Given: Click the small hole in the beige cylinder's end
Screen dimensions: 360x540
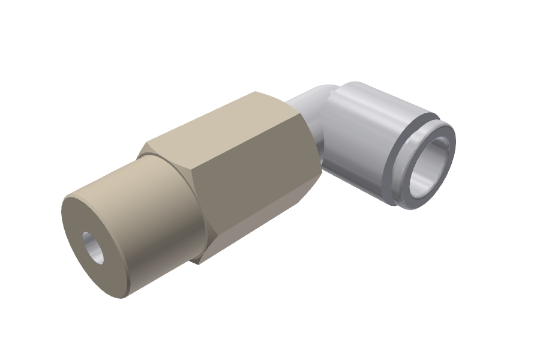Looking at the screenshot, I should [x=93, y=248].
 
